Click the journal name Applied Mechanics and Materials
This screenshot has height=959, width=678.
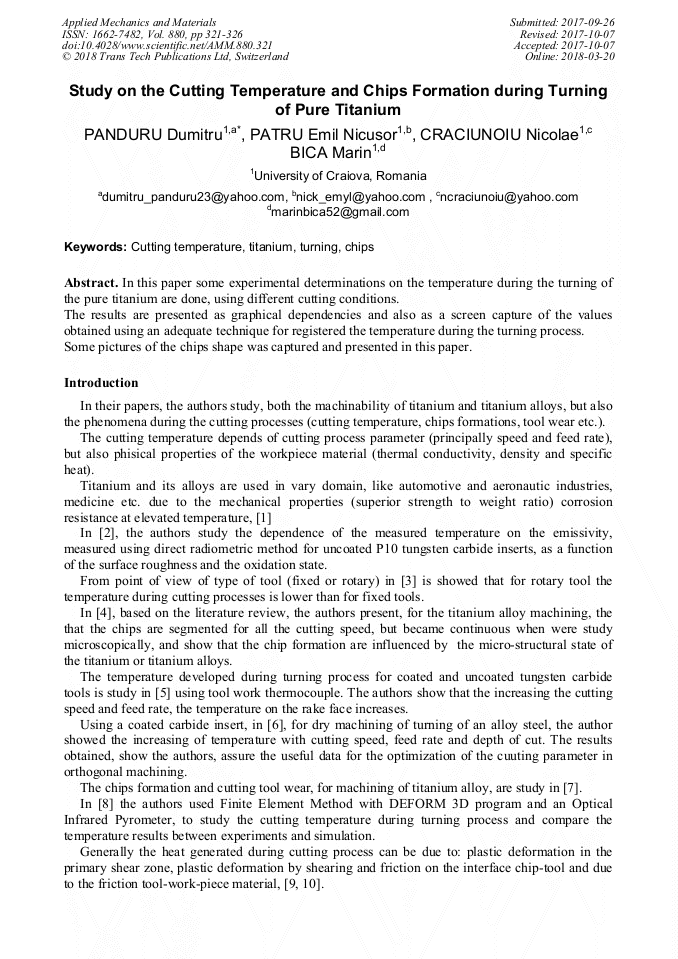pos(139,22)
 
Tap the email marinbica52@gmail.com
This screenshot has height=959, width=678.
pos(340,212)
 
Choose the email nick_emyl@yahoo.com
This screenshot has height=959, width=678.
pos(361,197)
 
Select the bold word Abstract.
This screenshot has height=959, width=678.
pos(91,284)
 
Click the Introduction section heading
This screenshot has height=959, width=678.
pos(101,383)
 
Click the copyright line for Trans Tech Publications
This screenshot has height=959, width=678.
pos(175,57)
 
